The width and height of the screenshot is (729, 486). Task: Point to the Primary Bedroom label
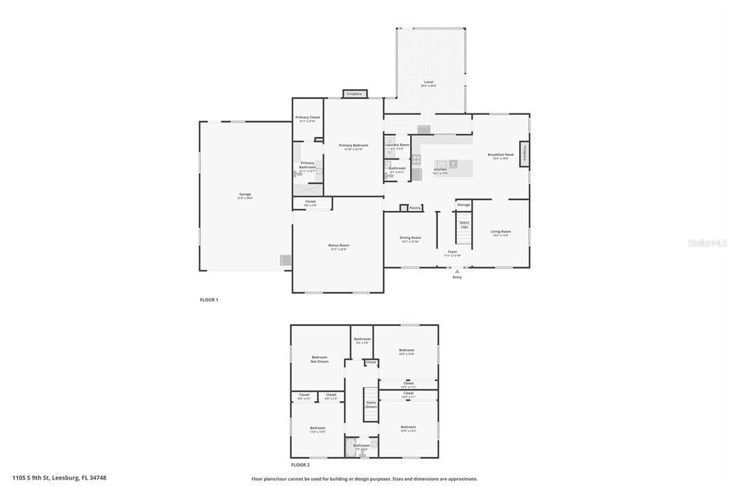tap(353, 146)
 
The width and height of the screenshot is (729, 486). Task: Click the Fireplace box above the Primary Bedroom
tap(354, 94)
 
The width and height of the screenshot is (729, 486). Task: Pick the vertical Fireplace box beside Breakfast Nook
tap(525, 153)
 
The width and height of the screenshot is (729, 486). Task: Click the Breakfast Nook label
tap(500, 155)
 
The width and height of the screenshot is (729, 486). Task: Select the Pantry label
tap(414, 208)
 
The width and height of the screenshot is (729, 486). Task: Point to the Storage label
tap(463, 205)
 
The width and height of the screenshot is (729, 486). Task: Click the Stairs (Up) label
tap(464, 224)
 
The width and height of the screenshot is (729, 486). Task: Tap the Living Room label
tap(500, 232)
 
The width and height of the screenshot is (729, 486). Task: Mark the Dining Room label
tap(410, 239)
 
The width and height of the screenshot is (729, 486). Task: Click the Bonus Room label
tap(339, 247)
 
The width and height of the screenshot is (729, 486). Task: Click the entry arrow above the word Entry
tap(457, 271)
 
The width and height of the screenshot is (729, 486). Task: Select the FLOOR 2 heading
tap(300, 465)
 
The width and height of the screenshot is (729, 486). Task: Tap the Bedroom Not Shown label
tap(320, 359)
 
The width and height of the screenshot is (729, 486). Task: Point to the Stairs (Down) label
tap(371, 404)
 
